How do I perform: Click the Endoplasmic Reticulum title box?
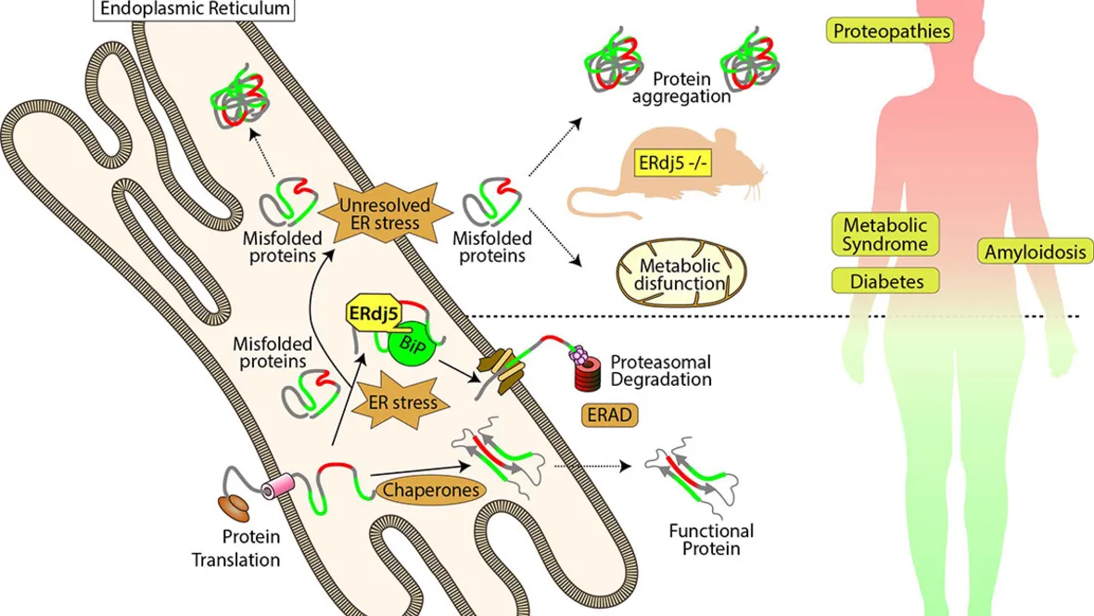point(193,10)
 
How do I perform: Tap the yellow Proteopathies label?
point(891,32)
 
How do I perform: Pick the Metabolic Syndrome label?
point(884,236)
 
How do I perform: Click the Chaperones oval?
point(432,491)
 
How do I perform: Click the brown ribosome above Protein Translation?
point(234,508)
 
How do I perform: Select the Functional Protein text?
point(711,540)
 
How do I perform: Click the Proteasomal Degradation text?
point(660,370)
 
